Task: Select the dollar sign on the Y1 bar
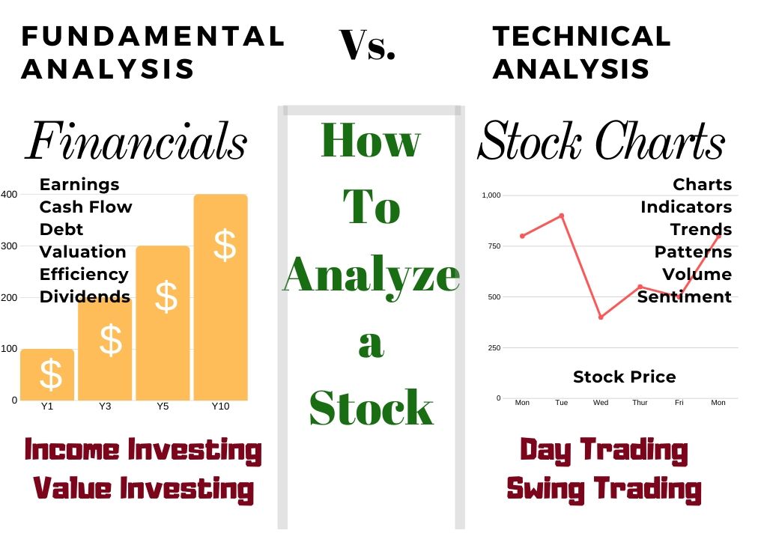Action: [x=50, y=374]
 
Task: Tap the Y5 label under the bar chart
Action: [x=162, y=407]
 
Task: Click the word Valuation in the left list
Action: [x=82, y=252]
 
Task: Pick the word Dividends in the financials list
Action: [x=85, y=296]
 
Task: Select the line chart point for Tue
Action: [x=561, y=216]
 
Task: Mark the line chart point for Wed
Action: [x=601, y=317]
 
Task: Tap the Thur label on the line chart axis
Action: [x=640, y=403]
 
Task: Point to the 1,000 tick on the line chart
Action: [x=491, y=195]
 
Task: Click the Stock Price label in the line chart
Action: [x=624, y=377]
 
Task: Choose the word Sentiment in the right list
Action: [x=684, y=297]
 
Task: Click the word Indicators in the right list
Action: [x=685, y=207]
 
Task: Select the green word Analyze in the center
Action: [x=372, y=274]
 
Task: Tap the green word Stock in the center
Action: [x=372, y=408]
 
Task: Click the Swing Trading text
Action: [x=604, y=489]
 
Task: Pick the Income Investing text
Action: [x=143, y=451]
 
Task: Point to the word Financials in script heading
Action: [x=136, y=142]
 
